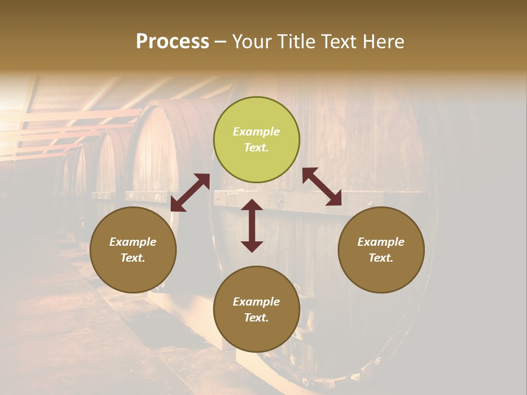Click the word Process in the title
(x=172, y=42)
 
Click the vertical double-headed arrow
(x=252, y=225)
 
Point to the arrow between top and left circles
(x=190, y=192)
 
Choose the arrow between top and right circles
(x=322, y=187)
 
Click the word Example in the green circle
(x=256, y=132)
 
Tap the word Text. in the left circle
(x=133, y=258)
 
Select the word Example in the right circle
(x=381, y=242)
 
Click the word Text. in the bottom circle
(x=256, y=318)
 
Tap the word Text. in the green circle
(x=256, y=148)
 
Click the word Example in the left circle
(x=133, y=242)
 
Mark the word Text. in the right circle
(x=381, y=258)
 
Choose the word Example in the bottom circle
(x=256, y=302)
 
